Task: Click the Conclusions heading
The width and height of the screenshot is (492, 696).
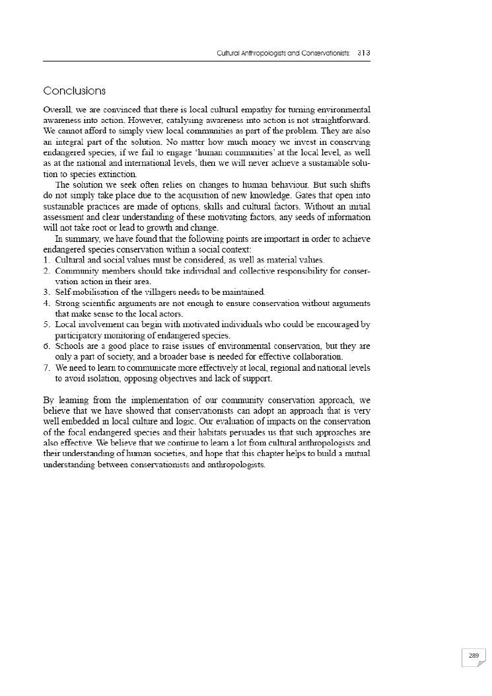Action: [x=74, y=91]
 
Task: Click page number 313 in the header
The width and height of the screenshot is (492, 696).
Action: [x=363, y=52]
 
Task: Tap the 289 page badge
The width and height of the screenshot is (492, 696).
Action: [x=474, y=656]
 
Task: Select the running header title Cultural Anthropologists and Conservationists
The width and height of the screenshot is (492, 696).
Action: [x=284, y=52]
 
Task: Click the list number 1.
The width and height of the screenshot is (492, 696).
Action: [x=46, y=260]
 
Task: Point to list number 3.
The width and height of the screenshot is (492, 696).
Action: [x=46, y=292]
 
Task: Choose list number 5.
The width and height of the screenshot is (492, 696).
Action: [x=46, y=325]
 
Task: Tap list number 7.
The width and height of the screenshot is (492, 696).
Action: [x=46, y=367]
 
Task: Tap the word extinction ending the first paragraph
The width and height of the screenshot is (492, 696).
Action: [x=118, y=174]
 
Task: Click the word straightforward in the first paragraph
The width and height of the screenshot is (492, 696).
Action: [x=339, y=120]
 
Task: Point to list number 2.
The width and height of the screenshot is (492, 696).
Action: [x=46, y=271]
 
